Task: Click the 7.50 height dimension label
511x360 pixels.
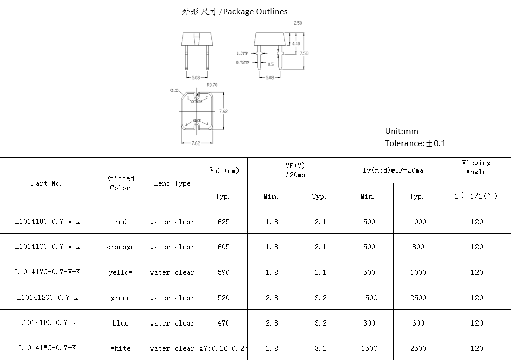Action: click(304, 53)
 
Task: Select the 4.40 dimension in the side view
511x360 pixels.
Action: click(296, 44)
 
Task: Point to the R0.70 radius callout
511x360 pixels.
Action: click(212, 85)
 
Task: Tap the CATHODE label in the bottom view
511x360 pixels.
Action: click(197, 102)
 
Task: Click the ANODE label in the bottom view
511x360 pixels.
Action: click(197, 121)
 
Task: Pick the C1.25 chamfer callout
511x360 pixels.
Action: click(174, 90)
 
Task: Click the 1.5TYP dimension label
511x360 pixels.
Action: click(243, 53)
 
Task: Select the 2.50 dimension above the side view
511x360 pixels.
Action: click(298, 23)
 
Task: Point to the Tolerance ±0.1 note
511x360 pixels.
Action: click(415, 143)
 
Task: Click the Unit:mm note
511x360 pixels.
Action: click(401, 131)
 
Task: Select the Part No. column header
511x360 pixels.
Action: click(47, 183)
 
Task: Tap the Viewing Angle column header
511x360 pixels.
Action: click(476, 167)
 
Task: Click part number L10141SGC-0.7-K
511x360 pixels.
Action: click(47, 298)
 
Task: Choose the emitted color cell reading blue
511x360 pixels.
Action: click(120, 323)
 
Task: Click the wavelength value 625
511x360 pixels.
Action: click(223, 222)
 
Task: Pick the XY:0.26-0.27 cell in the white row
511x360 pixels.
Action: click(224, 348)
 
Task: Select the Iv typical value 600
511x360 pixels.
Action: click(418, 323)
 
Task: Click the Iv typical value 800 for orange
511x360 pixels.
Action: click(418, 247)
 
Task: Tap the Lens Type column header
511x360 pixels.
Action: click(172, 183)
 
